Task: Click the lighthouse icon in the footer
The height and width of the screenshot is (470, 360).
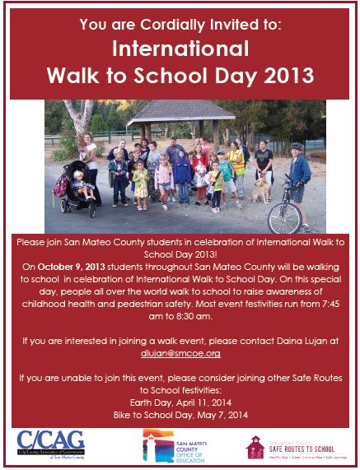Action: (x=150, y=444)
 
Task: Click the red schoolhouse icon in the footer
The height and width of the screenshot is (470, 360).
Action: (x=255, y=444)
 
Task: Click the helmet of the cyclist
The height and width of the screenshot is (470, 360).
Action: (x=297, y=147)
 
